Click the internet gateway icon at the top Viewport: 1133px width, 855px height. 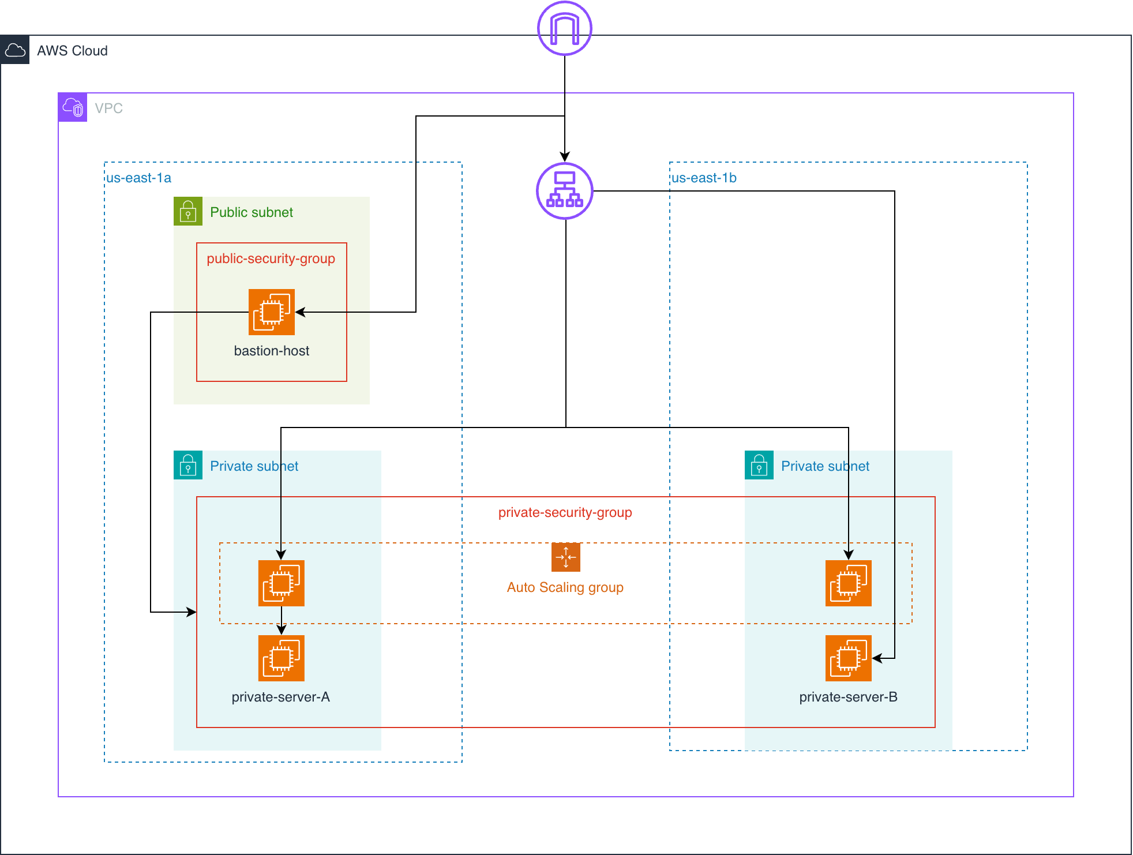pos(564,28)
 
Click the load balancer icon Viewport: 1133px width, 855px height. pos(565,191)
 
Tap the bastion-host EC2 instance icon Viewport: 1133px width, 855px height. pos(272,312)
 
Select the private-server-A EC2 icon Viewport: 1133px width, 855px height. pos(282,658)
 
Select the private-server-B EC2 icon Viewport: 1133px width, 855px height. pos(848,658)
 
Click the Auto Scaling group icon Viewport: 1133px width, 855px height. pos(565,557)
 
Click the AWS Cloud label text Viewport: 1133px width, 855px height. pos(72,51)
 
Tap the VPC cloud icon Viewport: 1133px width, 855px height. pos(73,107)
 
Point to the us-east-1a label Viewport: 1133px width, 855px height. pos(138,178)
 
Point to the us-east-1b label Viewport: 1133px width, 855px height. pos(704,178)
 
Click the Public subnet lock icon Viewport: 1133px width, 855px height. pos(188,211)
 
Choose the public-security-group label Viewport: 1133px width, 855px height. pos(271,258)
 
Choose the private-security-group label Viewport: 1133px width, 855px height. pos(565,512)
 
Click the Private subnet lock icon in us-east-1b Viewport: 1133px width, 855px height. pos(759,465)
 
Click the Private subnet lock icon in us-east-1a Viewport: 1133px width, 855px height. pos(188,465)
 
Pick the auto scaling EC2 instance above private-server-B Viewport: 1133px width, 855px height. pos(848,583)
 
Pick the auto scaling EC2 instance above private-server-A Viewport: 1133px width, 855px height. pos(282,583)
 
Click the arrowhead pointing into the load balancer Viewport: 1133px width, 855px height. pos(565,156)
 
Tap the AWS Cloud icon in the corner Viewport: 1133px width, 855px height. pos(15,50)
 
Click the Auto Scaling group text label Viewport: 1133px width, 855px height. pos(565,587)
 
